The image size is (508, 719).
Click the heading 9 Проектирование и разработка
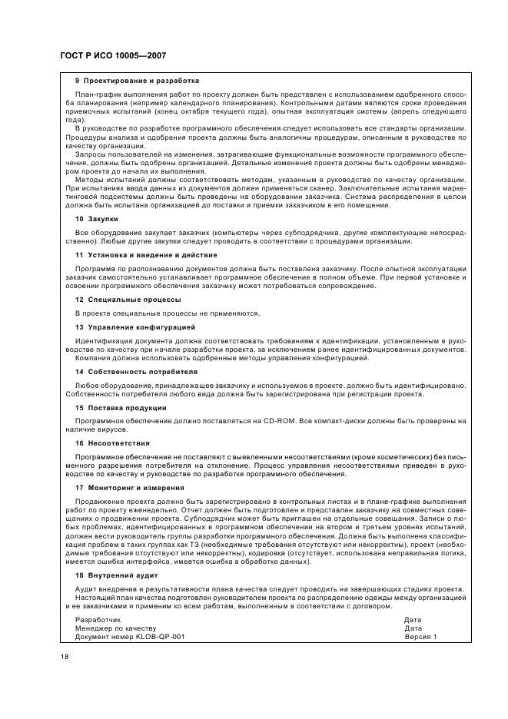pyautogui.click(x=137, y=81)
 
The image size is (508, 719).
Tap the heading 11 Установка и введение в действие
pyautogui.click(x=146, y=254)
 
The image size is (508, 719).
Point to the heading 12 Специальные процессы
pyautogui.click(x=128, y=299)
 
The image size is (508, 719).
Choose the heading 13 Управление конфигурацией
pyautogui.click(x=135, y=326)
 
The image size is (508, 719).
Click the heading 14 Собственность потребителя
pyautogui.click(x=136, y=371)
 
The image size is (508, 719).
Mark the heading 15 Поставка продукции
pyautogui.click(x=121, y=407)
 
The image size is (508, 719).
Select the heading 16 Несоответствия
pyautogui.click(x=112, y=443)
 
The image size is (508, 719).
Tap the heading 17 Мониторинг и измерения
pyautogui.click(x=129, y=488)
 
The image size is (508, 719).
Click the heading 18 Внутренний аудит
pyautogui.click(x=118, y=575)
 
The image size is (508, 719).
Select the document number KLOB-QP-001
pyautogui.click(x=158, y=636)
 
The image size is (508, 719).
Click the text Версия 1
pyautogui.click(x=421, y=636)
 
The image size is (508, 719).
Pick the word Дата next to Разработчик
pyautogui.click(x=413, y=619)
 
